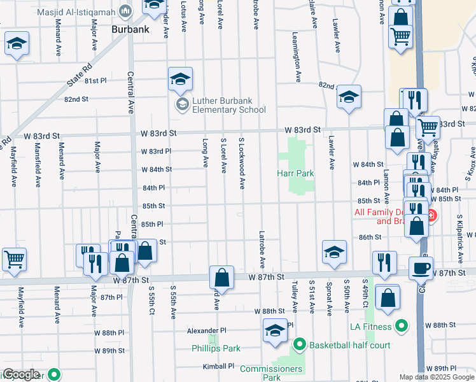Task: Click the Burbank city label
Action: [x=130, y=29]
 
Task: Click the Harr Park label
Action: [x=295, y=173]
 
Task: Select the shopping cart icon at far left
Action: [x=14, y=259]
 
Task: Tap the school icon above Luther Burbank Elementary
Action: [x=180, y=79]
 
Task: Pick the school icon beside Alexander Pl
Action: [x=275, y=331]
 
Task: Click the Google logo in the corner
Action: [x=20, y=375]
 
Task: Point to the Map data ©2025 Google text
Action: [x=437, y=377]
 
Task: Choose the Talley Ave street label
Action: [x=295, y=297]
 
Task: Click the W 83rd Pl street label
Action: [x=156, y=151]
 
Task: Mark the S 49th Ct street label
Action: [x=365, y=294]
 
